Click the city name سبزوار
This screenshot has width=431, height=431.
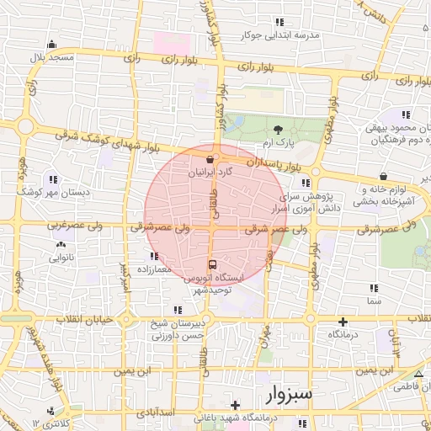[279, 393]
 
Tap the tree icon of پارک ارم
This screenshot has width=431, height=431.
[278, 129]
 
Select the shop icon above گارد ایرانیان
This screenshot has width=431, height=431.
[211, 157]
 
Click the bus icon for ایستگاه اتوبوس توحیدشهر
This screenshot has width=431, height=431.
[211, 263]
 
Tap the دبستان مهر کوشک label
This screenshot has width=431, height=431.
[52, 192]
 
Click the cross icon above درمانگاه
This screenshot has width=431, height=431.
[343, 322]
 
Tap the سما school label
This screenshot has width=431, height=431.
[374, 300]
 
